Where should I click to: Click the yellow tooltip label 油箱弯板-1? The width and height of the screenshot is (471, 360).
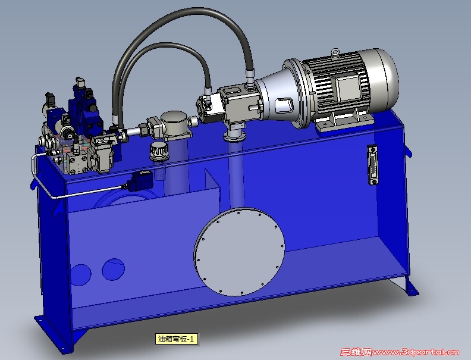pos(177,339)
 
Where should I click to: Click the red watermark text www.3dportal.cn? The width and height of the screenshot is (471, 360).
pos(416,352)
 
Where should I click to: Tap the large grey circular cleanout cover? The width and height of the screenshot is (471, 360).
pos(240,252)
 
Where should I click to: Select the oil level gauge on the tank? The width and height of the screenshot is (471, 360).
pos(373,165)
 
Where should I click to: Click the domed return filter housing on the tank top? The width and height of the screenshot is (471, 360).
pos(174,126)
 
